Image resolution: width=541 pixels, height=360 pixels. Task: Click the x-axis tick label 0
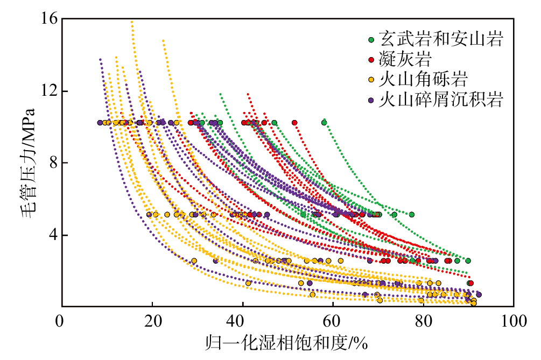(59, 321)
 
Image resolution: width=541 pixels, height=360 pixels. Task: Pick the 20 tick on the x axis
(152, 321)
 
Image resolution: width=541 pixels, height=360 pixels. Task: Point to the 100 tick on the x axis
(514, 321)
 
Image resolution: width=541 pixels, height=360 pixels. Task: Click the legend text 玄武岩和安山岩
(441, 39)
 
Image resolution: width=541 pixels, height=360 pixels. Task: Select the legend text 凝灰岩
(405, 59)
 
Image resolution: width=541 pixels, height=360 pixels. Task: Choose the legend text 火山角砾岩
(423, 79)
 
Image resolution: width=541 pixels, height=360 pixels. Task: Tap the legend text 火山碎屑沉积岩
(441, 100)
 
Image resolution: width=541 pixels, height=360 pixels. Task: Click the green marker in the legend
(371, 40)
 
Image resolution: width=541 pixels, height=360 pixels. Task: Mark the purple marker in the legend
(371, 100)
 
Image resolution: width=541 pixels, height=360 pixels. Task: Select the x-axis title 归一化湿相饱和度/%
(286, 343)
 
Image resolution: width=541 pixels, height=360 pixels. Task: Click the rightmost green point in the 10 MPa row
(324, 122)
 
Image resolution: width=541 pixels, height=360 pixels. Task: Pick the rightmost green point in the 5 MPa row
(412, 215)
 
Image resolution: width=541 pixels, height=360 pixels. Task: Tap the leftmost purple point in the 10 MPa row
(100, 122)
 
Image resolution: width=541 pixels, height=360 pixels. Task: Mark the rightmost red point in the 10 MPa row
(294, 122)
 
